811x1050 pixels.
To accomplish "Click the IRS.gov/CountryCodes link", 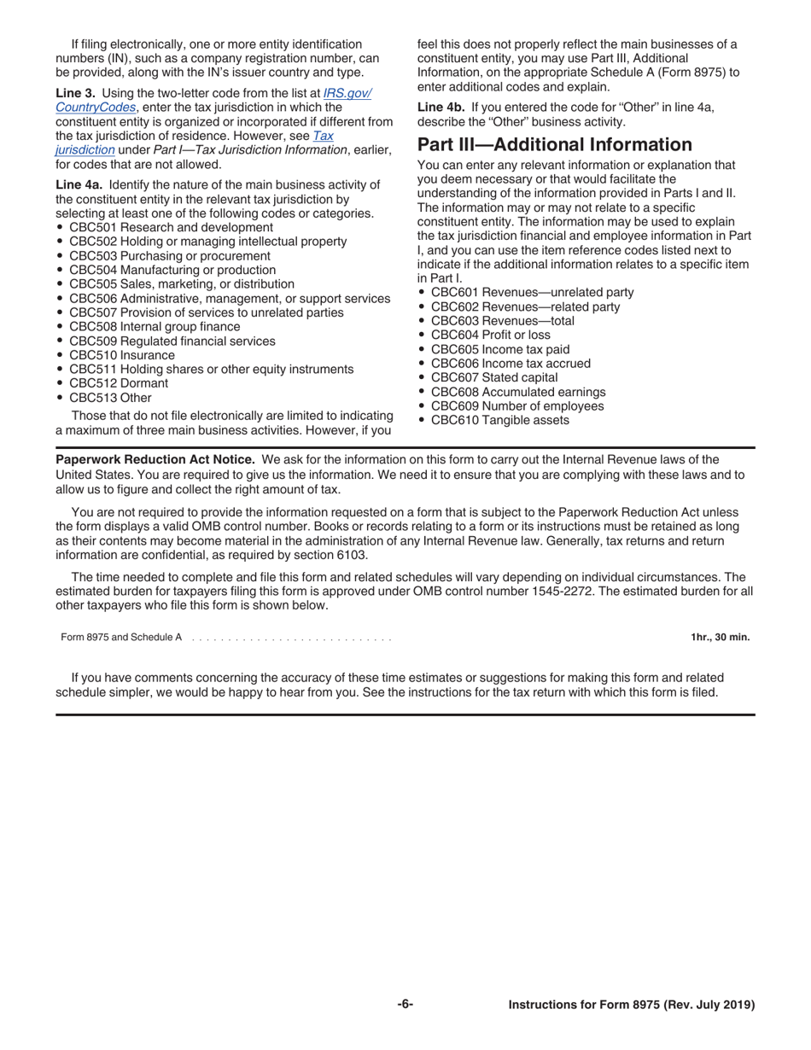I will click(x=347, y=93).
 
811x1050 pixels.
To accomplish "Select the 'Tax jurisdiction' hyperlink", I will click(x=323, y=136).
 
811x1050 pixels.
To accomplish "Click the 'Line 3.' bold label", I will click(x=76, y=93).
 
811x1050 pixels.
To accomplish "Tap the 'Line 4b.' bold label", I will click(x=441, y=107).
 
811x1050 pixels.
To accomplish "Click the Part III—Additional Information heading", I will click(x=554, y=144).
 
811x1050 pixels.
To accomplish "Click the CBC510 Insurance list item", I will click(x=121, y=355).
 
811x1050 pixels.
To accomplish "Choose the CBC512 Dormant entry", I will click(x=119, y=383).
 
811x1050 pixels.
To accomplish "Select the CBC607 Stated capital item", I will click(x=494, y=377).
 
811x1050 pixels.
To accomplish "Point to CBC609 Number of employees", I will click(x=516, y=406).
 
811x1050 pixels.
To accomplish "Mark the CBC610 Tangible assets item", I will click(x=499, y=420).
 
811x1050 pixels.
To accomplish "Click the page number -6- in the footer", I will click(x=405, y=1005).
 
